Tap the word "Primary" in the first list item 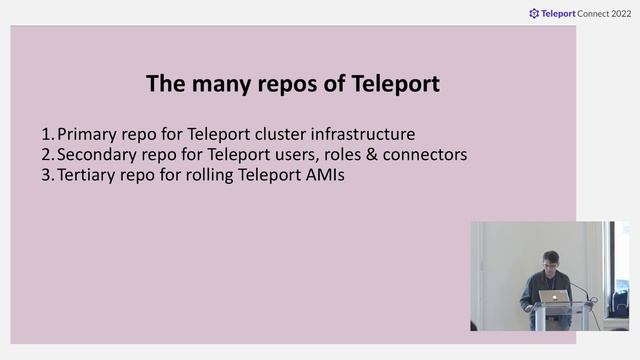click(88, 133)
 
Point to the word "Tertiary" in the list click(88, 176)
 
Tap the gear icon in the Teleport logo click(534, 14)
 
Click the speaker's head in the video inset click(551, 261)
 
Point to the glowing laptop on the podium click(551, 297)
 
